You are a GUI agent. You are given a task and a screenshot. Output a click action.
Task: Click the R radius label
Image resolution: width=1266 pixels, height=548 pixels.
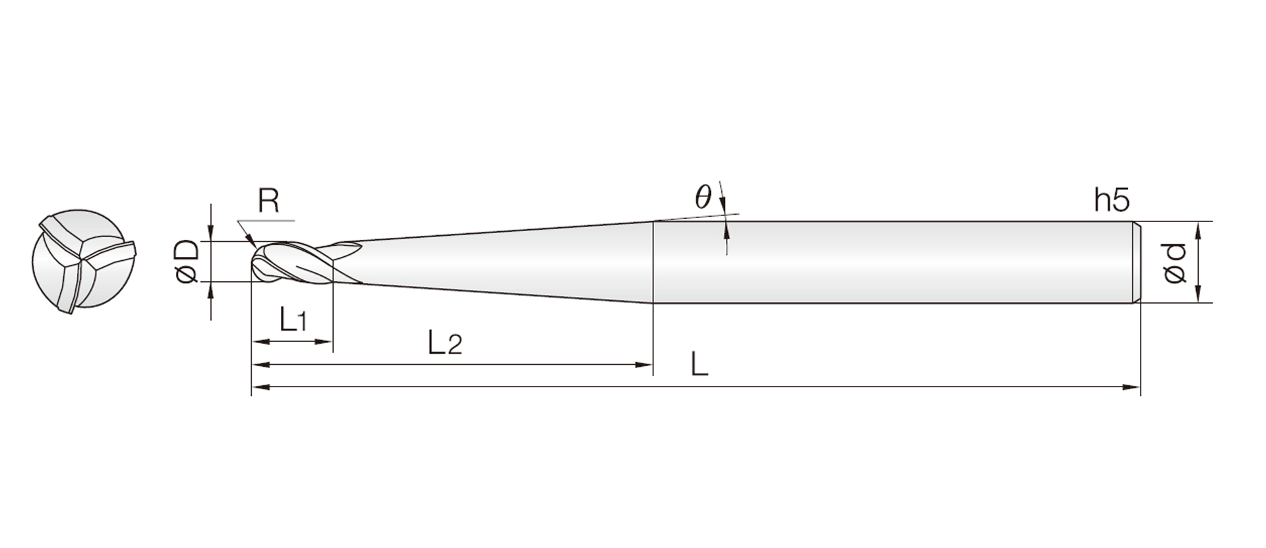tap(268, 201)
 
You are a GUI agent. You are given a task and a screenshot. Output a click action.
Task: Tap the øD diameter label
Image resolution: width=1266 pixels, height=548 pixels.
tap(187, 261)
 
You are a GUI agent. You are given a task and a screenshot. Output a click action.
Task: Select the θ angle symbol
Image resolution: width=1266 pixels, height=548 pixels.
tap(704, 197)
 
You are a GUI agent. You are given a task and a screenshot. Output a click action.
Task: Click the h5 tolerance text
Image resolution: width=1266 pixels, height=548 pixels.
tap(1112, 200)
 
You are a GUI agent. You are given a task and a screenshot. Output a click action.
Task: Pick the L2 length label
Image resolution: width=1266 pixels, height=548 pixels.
tap(444, 343)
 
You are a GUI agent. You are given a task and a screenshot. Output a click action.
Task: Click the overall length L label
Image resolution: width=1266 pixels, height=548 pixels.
tap(699, 364)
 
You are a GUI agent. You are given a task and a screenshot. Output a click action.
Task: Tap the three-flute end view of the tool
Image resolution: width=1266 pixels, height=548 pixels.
tap(82, 261)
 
